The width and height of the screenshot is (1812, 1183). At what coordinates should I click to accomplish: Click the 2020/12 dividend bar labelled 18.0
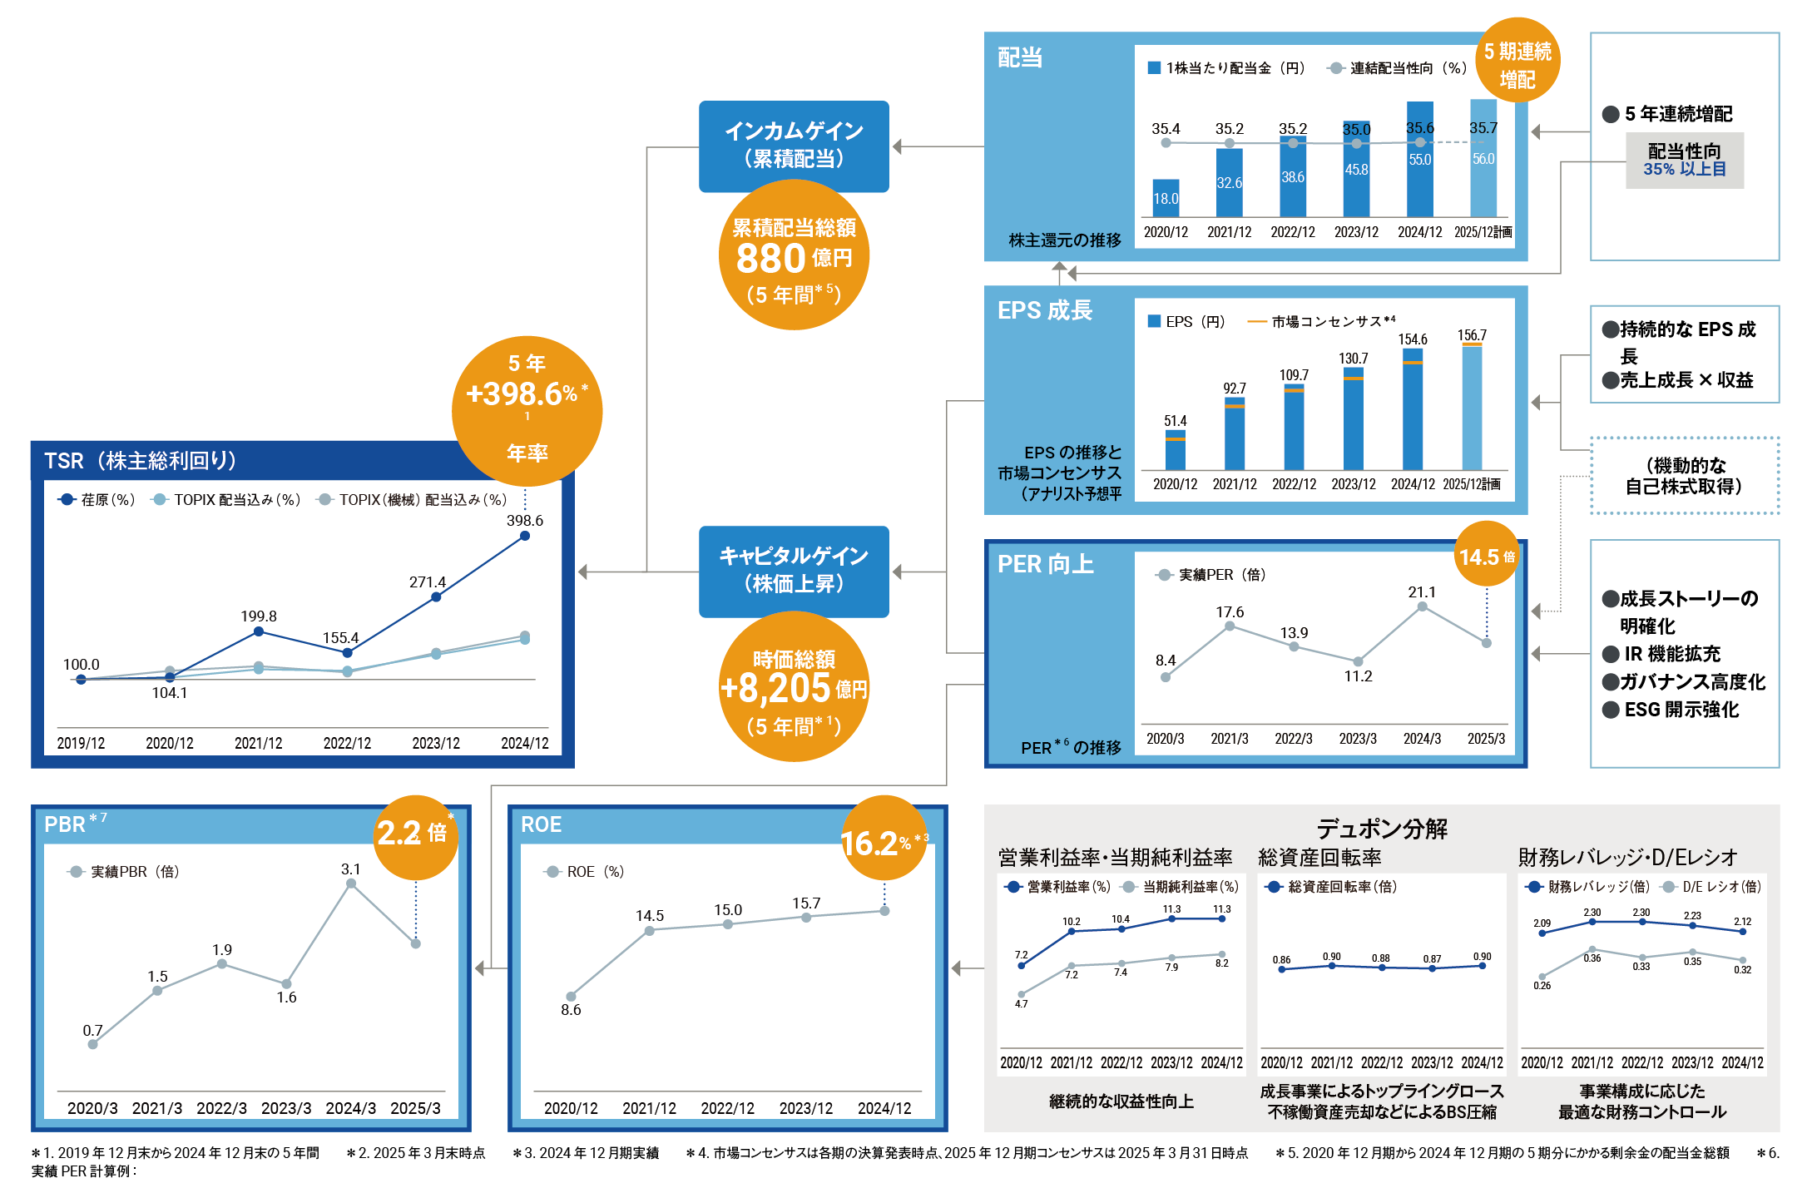coord(1166,198)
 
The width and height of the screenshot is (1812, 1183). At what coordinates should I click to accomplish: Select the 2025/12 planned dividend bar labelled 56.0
coord(1483,158)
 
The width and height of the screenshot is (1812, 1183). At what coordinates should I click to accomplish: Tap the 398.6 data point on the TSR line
coord(525,536)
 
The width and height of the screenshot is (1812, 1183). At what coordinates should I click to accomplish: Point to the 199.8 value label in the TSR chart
coord(259,616)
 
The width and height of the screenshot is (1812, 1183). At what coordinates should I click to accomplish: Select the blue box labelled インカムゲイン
coord(794,146)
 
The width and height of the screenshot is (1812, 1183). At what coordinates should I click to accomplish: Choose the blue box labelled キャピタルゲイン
coord(794,571)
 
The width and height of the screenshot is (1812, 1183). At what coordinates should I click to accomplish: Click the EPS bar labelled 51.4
coord(1176,451)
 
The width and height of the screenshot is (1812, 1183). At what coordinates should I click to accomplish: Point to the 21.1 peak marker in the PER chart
coord(1423,606)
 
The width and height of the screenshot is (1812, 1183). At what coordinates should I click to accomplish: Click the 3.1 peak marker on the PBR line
coord(351,884)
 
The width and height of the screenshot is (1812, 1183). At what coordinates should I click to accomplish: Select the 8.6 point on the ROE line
coord(571,996)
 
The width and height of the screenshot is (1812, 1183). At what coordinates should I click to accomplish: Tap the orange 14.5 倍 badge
coord(1487,556)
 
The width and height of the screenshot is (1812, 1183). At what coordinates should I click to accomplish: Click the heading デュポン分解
coord(1382,829)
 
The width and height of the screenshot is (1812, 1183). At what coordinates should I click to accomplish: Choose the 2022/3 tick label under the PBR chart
coord(221,1108)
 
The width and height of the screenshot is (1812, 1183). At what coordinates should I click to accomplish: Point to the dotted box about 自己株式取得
coord(1684,476)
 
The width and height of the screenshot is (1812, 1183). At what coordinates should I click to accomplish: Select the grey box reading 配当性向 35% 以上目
coord(1685,160)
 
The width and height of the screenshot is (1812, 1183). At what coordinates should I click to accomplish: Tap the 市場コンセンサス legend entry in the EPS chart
coord(1323,322)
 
